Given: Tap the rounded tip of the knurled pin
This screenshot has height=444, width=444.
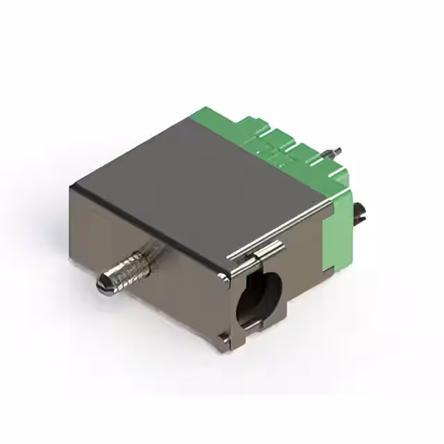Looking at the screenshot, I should point(101,282).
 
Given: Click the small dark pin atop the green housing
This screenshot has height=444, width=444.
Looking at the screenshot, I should point(337,151).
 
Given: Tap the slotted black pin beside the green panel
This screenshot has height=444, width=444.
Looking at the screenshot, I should point(361,214).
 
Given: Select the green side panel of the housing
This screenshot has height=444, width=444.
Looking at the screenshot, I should point(340,222).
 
